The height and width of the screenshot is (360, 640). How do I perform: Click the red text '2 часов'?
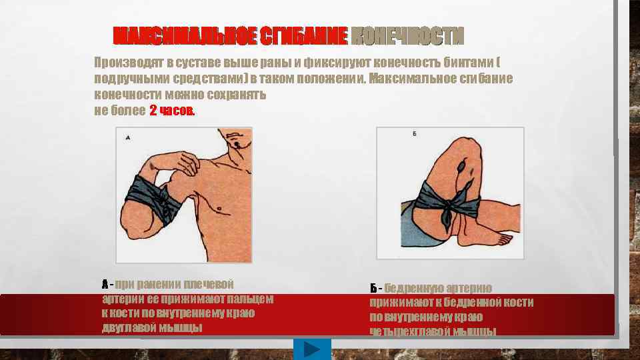click(173, 111)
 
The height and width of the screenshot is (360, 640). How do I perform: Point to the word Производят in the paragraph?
click(127, 63)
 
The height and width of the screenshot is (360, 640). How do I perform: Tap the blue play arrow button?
click(311, 349)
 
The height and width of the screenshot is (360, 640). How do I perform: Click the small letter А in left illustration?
click(127, 138)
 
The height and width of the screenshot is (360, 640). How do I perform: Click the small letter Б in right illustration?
click(414, 134)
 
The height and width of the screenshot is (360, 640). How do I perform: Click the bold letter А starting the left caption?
click(105, 285)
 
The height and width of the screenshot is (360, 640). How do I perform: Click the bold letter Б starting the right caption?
click(373, 289)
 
